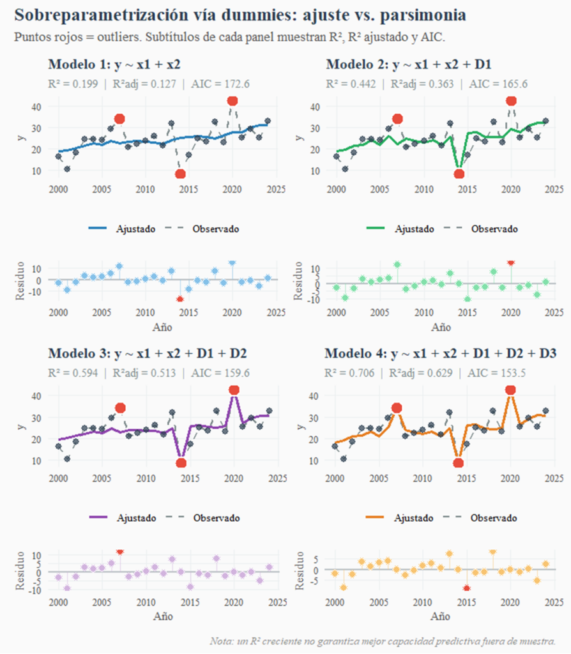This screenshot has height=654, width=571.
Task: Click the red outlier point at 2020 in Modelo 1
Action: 232,100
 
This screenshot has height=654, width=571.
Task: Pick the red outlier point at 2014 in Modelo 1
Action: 180,174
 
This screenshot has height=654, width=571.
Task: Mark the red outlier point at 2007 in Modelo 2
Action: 397,119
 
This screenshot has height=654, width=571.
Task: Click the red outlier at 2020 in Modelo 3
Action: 234,390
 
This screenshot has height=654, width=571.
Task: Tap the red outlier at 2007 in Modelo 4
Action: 397,408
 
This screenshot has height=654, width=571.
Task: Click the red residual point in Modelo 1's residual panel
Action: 180,299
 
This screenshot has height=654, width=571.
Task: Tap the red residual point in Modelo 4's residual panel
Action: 467,588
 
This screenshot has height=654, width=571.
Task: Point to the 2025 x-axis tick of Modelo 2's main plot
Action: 554,189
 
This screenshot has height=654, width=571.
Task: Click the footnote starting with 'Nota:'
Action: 382,641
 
